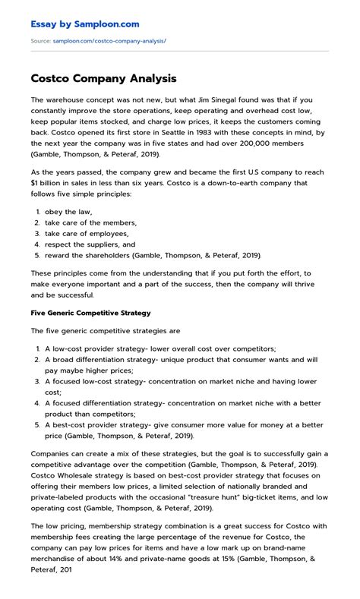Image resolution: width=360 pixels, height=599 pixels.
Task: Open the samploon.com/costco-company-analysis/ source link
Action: [x=109, y=40]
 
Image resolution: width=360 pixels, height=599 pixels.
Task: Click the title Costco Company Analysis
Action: [x=104, y=78]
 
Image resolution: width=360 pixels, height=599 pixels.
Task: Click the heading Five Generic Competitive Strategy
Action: [x=90, y=312]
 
